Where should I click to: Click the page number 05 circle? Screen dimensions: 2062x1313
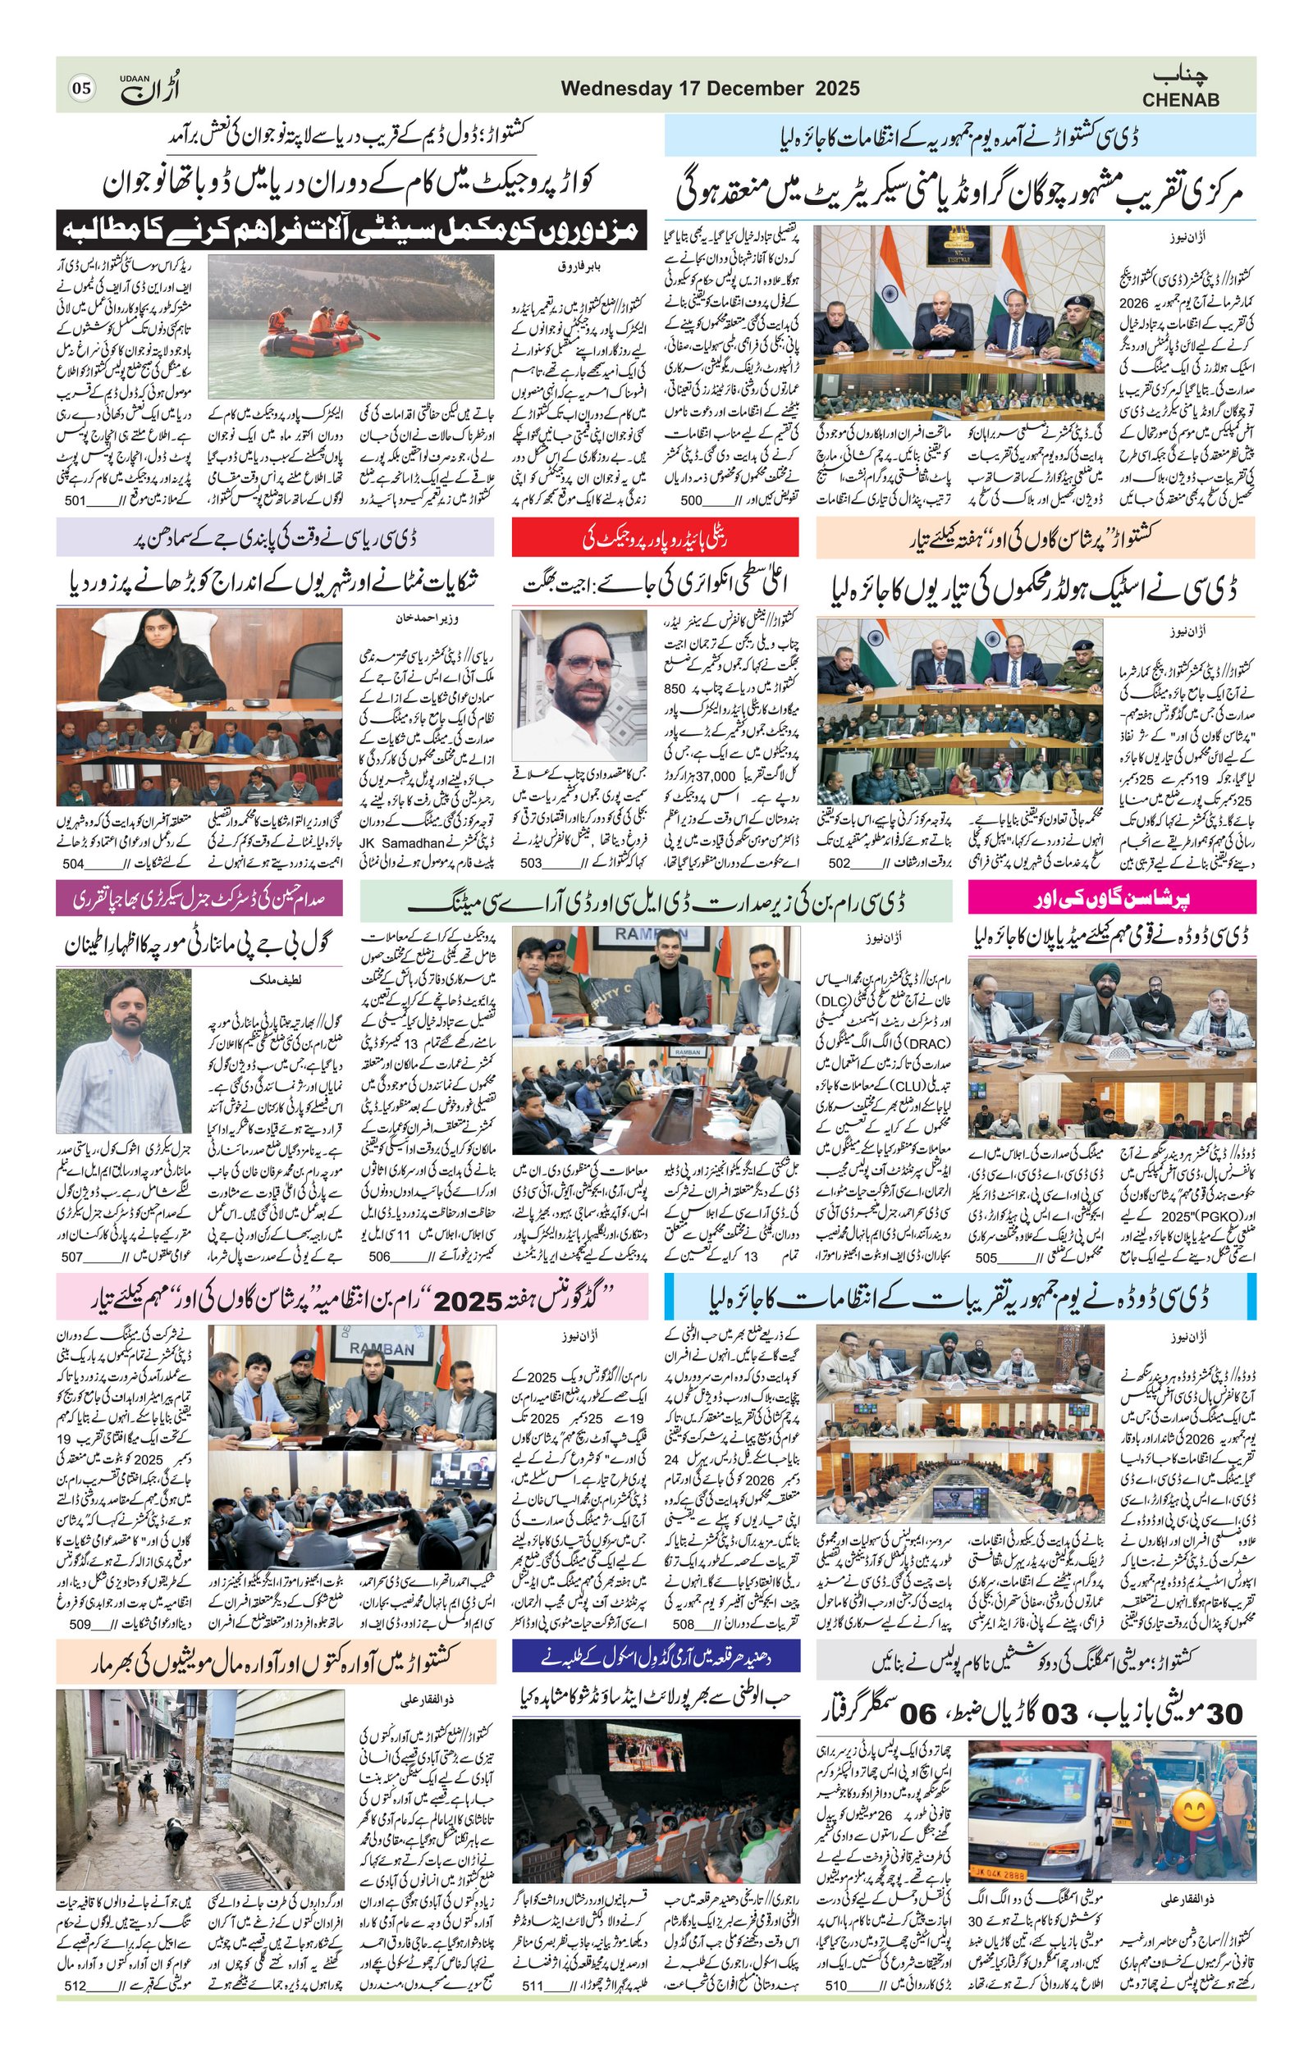pyautogui.click(x=82, y=89)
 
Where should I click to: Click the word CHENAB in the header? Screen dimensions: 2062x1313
pyautogui.click(x=1180, y=100)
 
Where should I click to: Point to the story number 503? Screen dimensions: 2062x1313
pyautogui.click(x=531, y=862)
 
